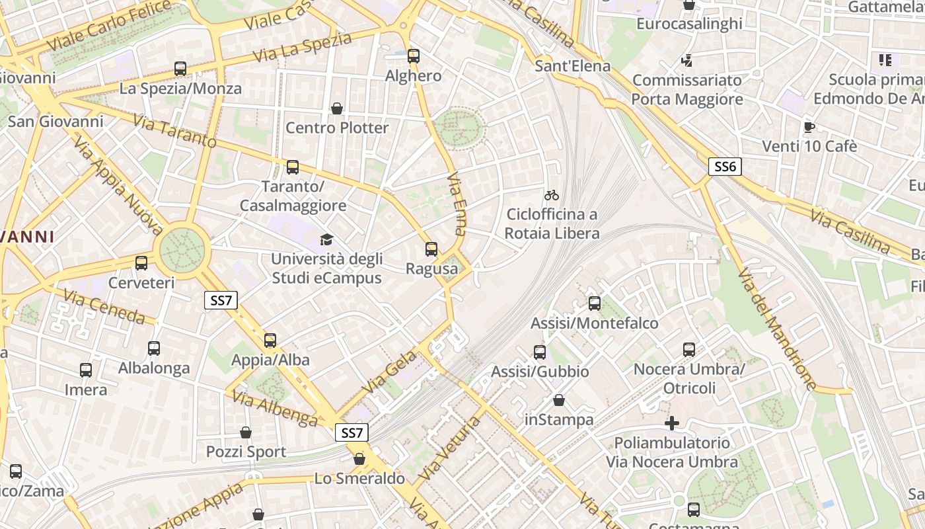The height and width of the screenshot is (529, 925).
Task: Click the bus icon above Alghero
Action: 414,56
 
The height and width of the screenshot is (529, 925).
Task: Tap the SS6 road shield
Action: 725,167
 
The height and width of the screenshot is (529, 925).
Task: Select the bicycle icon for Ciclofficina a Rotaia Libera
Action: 552,195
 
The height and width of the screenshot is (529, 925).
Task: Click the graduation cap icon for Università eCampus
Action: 326,239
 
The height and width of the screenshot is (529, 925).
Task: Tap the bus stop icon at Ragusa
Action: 431,249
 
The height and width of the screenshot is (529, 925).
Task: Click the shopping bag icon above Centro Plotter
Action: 337,108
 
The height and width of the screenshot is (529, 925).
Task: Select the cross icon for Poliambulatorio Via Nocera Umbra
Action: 672,423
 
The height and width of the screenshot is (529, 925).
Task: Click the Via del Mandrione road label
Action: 776,329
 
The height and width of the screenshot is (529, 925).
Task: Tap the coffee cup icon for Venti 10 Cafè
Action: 809,127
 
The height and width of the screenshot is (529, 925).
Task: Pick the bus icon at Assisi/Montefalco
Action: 595,304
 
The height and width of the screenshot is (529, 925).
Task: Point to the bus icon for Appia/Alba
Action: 270,341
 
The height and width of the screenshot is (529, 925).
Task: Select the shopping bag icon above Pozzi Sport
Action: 246,432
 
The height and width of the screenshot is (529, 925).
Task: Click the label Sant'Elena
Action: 572,66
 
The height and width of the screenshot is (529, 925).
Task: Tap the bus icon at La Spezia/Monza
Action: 180,68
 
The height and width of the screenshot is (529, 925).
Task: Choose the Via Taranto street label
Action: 174,131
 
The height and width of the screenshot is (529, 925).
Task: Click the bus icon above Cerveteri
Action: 141,263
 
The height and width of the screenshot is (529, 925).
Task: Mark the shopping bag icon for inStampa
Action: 559,400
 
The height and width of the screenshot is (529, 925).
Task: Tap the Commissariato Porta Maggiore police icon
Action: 687,61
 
